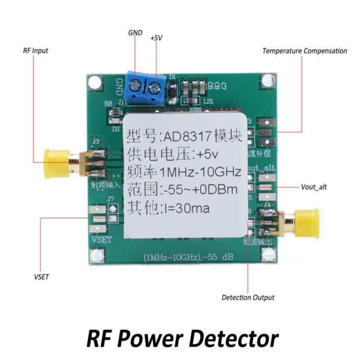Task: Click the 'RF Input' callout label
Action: click(35, 51)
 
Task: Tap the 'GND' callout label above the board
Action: click(136, 33)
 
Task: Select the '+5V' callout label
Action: click(156, 38)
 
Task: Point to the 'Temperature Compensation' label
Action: click(304, 51)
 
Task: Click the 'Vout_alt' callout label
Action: click(314, 187)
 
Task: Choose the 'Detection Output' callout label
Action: click(248, 298)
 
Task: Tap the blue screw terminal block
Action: click(146, 87)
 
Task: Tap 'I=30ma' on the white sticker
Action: click(186, 209)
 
